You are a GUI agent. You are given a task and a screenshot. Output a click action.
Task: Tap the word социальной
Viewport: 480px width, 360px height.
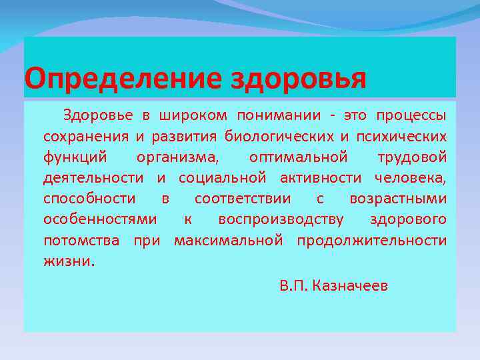point(223,178)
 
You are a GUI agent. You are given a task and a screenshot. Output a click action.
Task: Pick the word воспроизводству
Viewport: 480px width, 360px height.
point(281,219)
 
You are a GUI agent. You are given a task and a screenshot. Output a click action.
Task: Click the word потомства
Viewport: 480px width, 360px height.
point(81,240)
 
